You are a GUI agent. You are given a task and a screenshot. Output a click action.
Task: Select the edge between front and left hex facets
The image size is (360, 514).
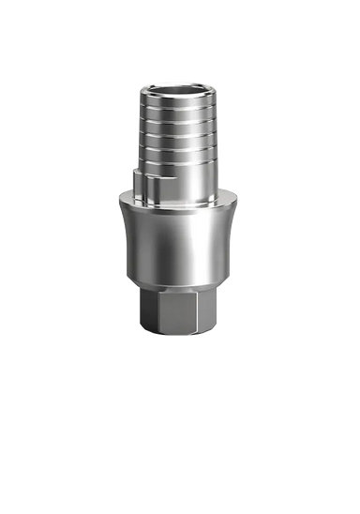point(154,310)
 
